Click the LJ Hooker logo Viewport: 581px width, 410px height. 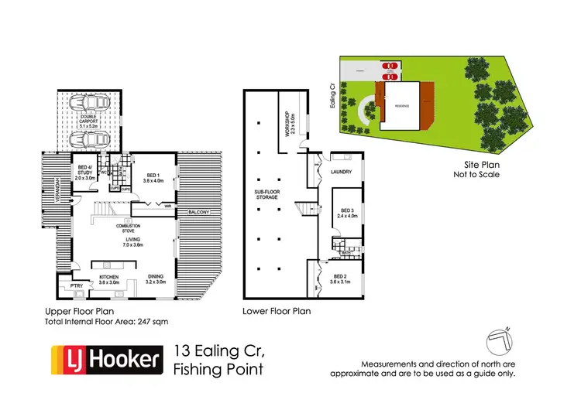point(107,360)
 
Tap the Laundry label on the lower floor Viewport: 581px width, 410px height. point(342,172)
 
